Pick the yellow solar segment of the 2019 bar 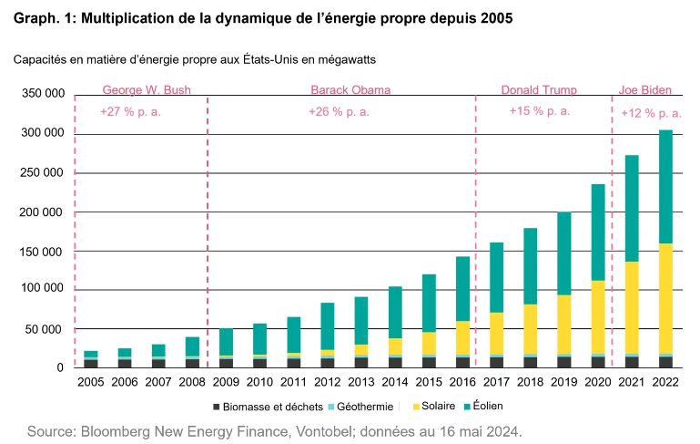click(563, 324)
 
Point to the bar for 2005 click(91, 359)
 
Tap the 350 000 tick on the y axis click(42, 94)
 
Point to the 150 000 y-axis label click(42, 251)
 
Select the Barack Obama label click(350, 90)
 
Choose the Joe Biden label click(645, 90)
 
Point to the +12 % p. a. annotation click(650, 114)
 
